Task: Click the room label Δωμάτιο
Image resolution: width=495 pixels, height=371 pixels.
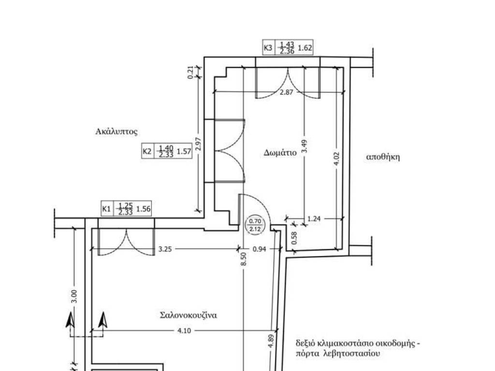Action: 280,153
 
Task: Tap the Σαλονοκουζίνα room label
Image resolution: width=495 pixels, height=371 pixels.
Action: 189,315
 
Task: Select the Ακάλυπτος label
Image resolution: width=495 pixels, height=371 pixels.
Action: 116,131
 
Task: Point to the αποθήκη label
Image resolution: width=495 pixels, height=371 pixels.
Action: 383,157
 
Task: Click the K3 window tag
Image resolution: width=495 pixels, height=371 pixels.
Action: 288,48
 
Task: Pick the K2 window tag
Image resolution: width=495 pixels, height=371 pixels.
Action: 167,151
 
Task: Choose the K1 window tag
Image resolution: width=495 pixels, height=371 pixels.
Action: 126,209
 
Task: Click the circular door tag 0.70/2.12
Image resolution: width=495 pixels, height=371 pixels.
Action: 255,225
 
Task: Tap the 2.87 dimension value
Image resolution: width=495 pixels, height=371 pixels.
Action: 287,92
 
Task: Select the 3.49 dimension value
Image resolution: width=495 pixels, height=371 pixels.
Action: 305,146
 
